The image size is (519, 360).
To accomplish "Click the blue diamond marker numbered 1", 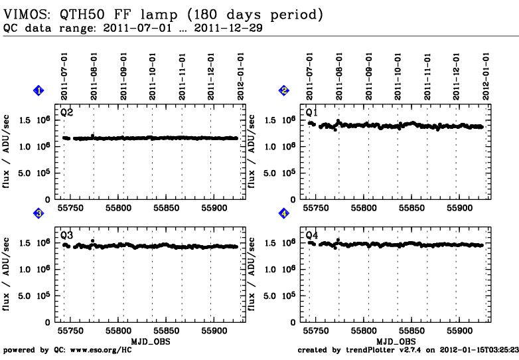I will point(38,90).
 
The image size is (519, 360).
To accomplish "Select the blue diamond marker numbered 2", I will point(284,90).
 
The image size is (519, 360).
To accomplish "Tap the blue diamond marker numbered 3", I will point(38,213).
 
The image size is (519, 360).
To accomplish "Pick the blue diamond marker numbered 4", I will point(284,213).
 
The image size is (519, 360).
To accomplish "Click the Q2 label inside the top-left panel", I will point(66,112).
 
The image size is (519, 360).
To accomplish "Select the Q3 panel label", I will point(66,235).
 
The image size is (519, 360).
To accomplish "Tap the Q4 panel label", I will point(312,235).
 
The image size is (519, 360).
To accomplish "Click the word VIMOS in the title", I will point(21,14).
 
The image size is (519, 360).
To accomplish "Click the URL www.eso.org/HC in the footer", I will point(94,350).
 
